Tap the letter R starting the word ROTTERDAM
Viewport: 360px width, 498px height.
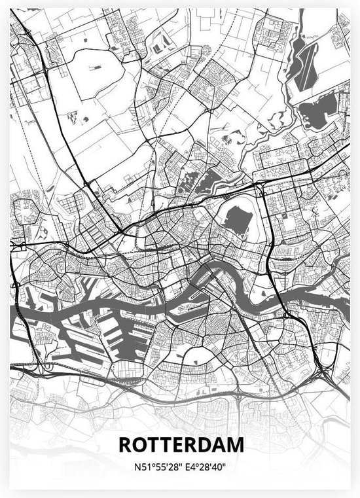click(124, 445)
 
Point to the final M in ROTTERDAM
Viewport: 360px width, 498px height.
click(236, 445)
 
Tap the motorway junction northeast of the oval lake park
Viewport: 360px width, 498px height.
click(262, 187)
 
